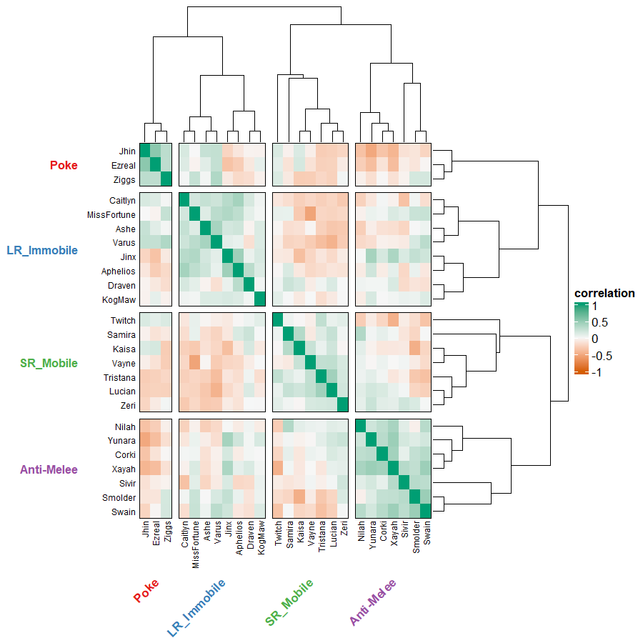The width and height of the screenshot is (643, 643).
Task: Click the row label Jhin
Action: [127, 151]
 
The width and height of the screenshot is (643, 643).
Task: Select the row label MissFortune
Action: [111, 215]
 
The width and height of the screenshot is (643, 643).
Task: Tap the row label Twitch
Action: [123, 321]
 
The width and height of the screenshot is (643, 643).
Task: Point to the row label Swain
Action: [124, 512]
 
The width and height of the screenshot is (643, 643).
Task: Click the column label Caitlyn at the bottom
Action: [185, 534]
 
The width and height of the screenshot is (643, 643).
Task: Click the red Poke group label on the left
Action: [64, 166]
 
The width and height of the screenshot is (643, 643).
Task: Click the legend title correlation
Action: [604, 294]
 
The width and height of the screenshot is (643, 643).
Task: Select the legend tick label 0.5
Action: [599, 322]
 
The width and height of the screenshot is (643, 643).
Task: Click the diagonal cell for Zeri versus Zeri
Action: [343, 405]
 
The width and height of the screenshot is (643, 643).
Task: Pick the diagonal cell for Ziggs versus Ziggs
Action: [166, 179]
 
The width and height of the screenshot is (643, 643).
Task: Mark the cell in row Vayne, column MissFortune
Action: [194, 363]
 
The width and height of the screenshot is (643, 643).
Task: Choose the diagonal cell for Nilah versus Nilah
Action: [361, 427]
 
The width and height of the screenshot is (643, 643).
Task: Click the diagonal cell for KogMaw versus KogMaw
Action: [261, 299]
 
